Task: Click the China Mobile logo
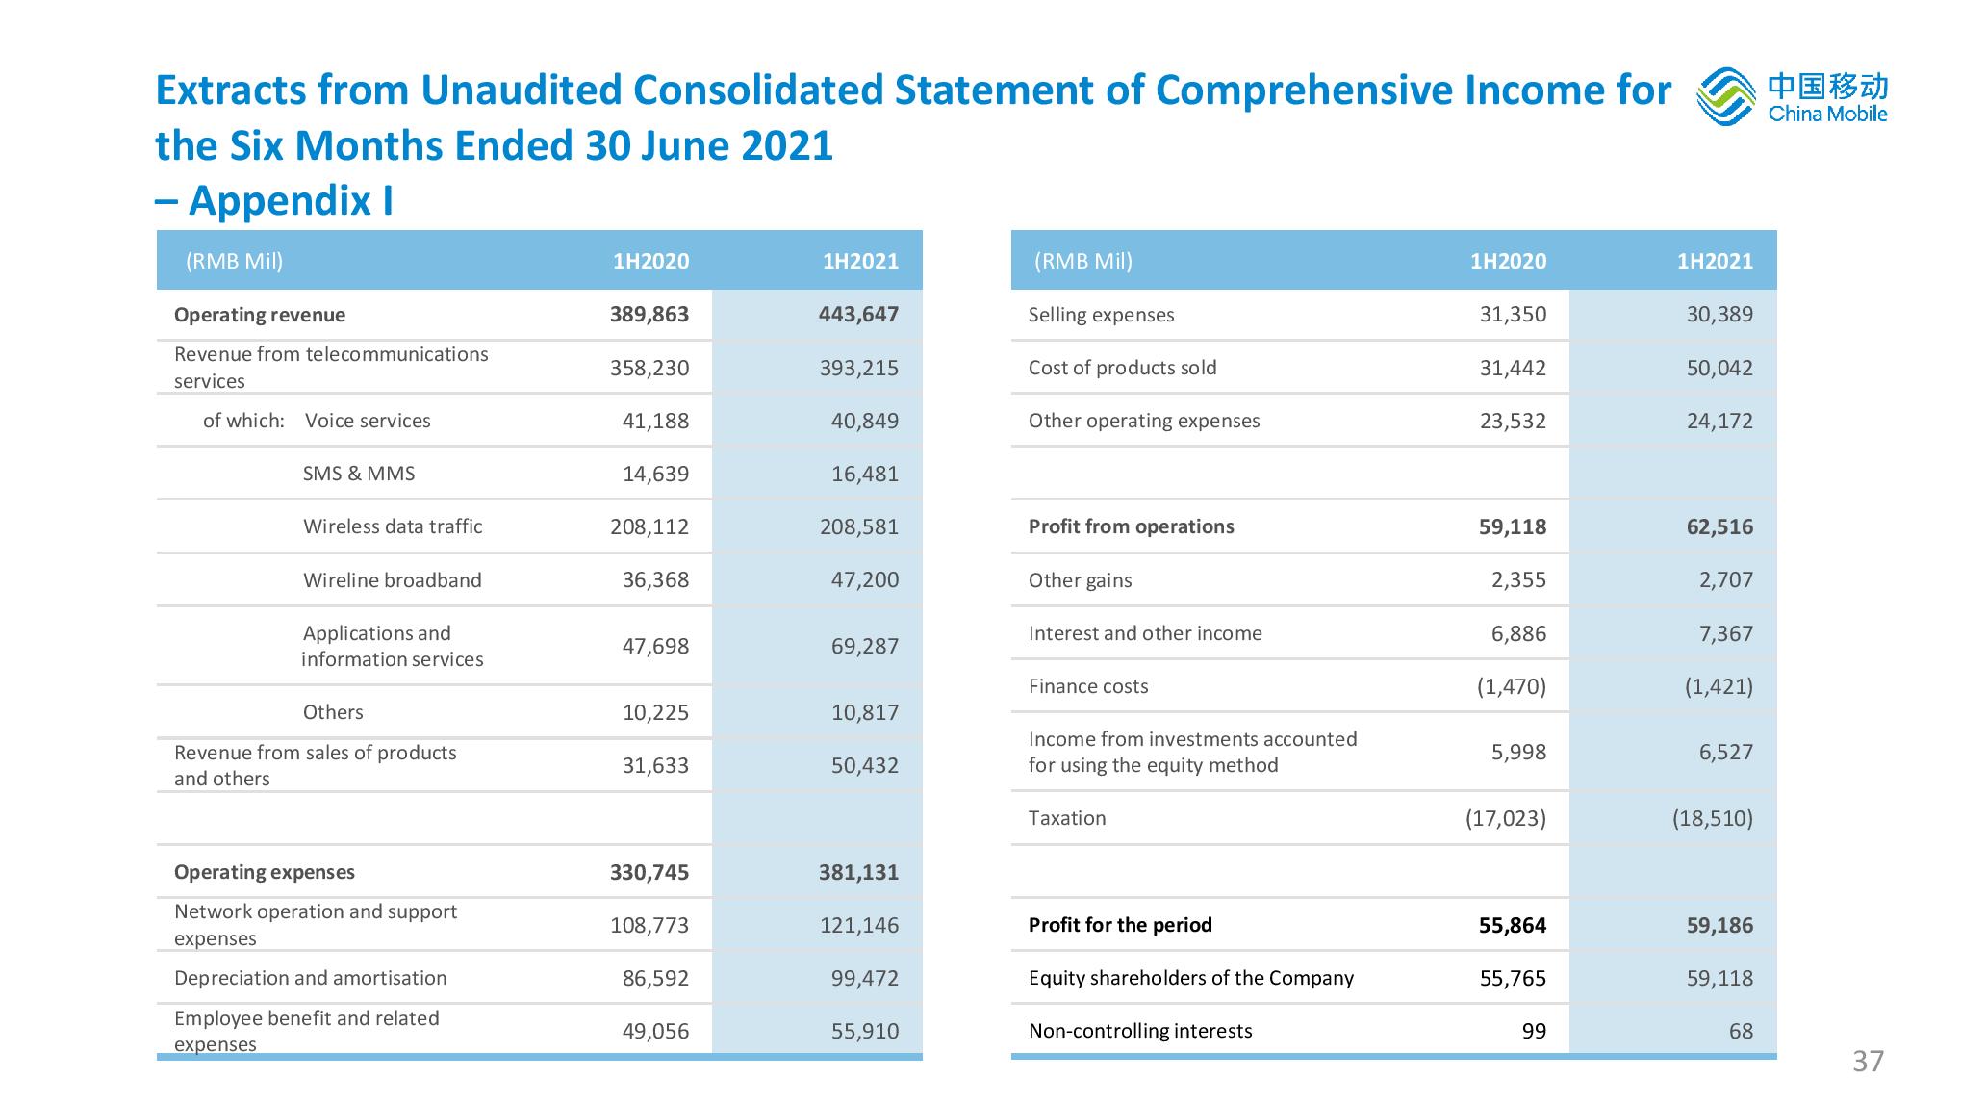[1791, 97]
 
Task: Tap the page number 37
[1868, 1062]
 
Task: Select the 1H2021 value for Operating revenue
[858, 315]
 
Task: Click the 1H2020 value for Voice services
[655, 421]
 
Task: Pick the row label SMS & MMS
[359, 474]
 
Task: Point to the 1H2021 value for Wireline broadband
[864, 579]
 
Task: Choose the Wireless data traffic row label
[393, 526]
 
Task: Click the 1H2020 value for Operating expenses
[649, 872]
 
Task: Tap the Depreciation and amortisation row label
[311, 978]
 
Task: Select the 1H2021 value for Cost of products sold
[1719, 368]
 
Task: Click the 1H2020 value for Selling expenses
[1513, 315]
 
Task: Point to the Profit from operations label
[1131, 526]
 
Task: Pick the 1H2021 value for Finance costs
[1719, 686]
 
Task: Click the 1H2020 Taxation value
[1506, 818]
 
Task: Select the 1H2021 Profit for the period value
[1719, 925]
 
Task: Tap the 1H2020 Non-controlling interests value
[1534, 1031]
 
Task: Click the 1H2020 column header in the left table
[651, 261]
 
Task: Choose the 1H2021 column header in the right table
[1715, 261]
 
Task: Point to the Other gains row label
[1080, 580]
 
